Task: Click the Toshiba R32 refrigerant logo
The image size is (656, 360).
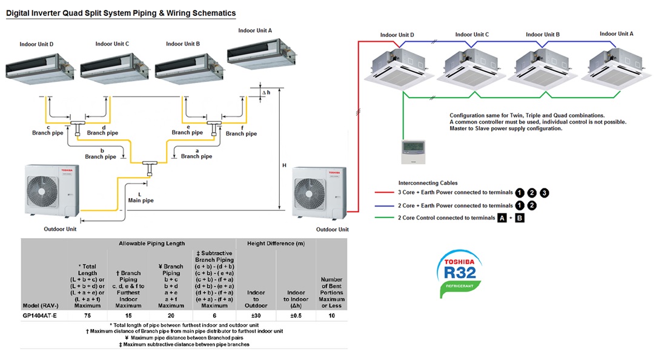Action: [459, 273]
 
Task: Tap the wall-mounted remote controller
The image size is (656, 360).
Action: [413, 152]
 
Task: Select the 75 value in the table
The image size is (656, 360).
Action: [87, 316]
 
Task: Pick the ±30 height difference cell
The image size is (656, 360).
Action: [256, 316]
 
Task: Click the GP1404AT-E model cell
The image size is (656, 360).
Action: [40, 316]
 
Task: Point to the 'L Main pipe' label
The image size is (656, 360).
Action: [141, 198]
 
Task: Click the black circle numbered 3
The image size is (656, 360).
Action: [544, 193]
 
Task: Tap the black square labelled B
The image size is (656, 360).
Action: [519, 218]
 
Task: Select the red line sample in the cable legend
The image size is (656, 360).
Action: [384, 193]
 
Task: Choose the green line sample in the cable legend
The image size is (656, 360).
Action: [384, 218]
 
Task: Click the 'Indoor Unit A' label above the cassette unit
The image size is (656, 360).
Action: [616, 34]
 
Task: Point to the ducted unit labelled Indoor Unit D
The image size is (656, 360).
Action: [40, 68]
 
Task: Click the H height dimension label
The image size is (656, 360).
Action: [284, 165]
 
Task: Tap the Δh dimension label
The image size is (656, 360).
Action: [266, 93]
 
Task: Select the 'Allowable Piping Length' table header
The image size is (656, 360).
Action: [151, 243]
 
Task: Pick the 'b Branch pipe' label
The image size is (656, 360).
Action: [101, 153]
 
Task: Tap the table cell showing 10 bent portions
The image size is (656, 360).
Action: [331, 316]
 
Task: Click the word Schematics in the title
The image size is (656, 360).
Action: [214, 13]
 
